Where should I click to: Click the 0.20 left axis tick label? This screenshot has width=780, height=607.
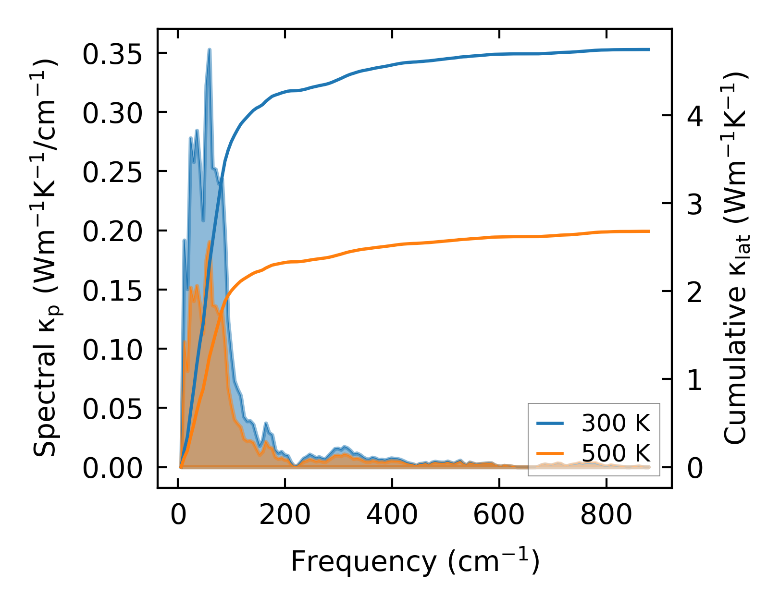pos(112,231)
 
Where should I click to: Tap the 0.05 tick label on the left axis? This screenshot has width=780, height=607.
pos(112,409)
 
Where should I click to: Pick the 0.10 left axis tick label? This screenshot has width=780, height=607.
pos(112,350)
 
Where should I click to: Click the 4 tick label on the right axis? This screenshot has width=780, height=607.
pos(695,116)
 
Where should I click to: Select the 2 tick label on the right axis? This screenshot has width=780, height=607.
pos(695,291)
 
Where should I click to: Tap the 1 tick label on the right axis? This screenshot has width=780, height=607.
pos(695,380)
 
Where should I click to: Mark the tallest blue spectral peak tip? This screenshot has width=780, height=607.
pos(210,49)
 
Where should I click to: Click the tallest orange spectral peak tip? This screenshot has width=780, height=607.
pos(209,242)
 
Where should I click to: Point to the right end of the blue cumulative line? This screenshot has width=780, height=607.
pos(649,49)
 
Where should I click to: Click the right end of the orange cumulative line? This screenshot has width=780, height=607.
pos(649,231)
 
